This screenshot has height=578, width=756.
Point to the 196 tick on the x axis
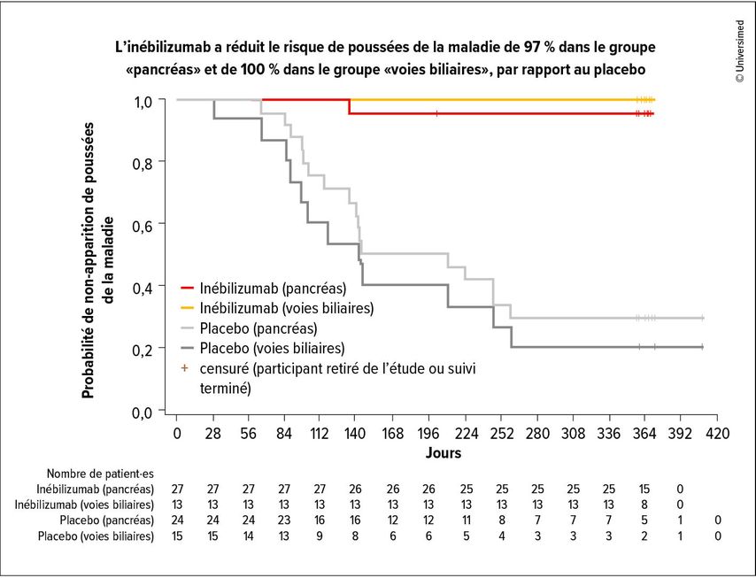(428, 434)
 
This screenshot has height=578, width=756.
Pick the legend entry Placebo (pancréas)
(251, 328)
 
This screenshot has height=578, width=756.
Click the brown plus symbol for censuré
(186, 367)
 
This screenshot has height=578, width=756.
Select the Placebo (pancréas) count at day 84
(284, 520)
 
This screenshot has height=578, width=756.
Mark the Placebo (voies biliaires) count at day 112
(320, 536)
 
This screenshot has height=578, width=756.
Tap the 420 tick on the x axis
(716, 434)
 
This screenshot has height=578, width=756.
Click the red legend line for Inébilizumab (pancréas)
(186, 289)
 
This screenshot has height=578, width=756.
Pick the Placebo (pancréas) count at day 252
(501, 520)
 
